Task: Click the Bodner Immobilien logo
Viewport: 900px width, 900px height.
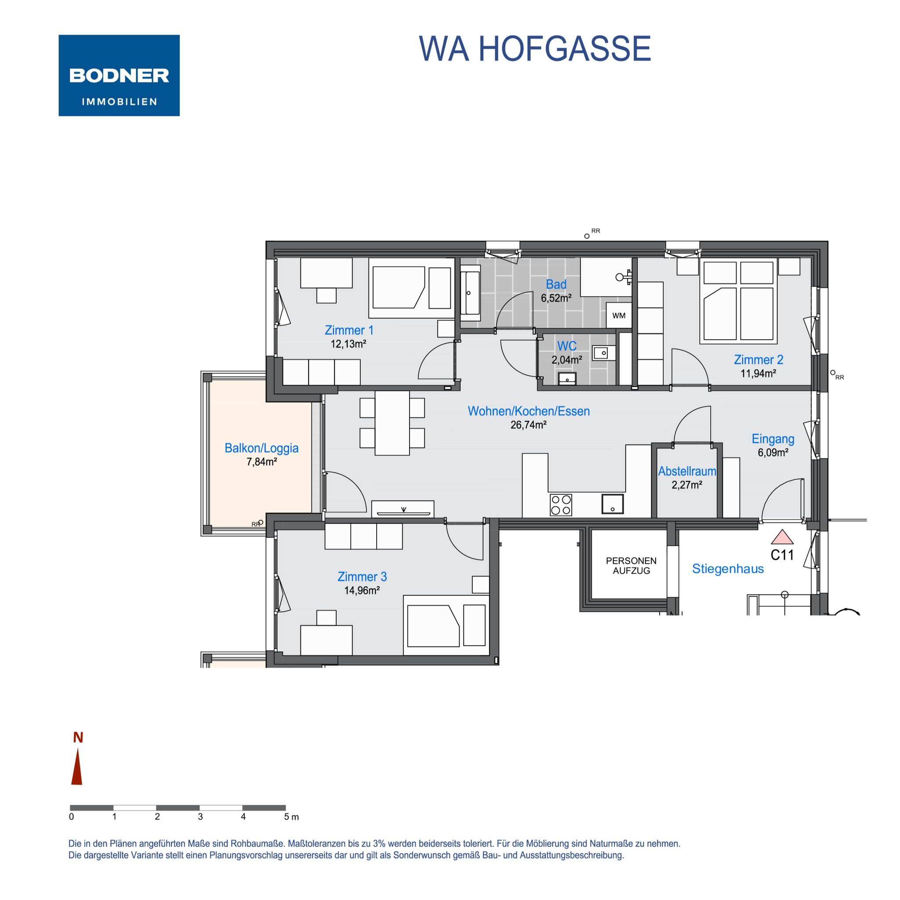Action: click(119, 76)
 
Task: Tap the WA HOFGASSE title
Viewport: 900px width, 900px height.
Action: click(535, 49)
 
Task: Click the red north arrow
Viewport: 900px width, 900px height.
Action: click(77, 766)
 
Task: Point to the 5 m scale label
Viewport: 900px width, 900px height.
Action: click(292, 817)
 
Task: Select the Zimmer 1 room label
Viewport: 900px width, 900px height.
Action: click(349, 330)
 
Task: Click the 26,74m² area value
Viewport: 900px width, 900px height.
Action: click(528, 425)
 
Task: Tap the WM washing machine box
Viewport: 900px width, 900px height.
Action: click(619, 316)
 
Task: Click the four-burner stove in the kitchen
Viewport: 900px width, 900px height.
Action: click(561, 505)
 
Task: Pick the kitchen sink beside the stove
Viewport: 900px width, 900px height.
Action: click(613, 504)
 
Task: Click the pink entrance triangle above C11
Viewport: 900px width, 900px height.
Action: click(782, 538)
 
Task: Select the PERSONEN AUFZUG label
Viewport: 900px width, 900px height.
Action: click(631, 566)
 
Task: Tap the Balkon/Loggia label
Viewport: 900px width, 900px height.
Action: click(261, 448)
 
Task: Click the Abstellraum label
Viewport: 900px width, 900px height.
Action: click(687, 471)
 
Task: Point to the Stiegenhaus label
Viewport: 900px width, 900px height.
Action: click(728, 569)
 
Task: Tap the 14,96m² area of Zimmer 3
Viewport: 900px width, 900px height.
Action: click(362, 591)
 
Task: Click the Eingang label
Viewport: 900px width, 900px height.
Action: click(773, 439)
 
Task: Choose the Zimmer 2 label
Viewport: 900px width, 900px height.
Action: click(758, 359)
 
